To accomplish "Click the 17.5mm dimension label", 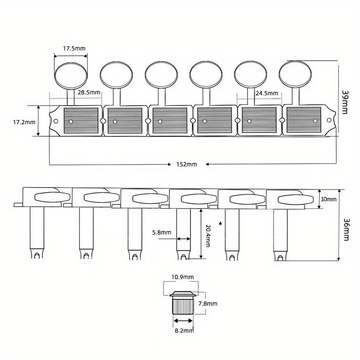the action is click(x=74, y=49).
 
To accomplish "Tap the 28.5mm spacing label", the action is click(x=89, y=92).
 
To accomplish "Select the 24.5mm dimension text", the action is click(x=267, y=94).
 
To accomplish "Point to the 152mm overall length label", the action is click(x=187, y=164).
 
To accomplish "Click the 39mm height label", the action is click(x=345, y=102).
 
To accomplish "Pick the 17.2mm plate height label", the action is click(x=24, y=122).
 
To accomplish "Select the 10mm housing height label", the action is click(x=329, y=199).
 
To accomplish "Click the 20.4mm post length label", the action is click(x=208, y=236).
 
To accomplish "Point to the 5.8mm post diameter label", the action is click(x=162, y=233).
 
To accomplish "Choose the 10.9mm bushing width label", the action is click(x=183, y=277).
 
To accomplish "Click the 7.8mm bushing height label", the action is click(x=208, y=304).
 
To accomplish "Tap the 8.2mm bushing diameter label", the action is click(x=185, y=331).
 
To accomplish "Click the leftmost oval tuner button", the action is click(x=71, y=75).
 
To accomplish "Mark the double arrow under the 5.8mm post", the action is click(x=184, y=239).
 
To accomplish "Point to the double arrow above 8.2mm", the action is click(x=183, y=321).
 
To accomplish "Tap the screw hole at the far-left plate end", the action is click(x=56, y=121).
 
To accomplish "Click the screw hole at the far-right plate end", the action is click(x=329, y=120).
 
